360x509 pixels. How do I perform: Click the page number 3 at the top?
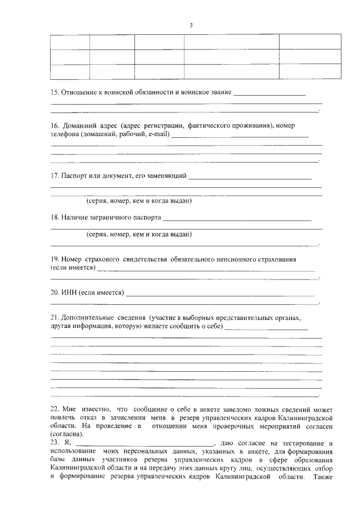coord(191,26)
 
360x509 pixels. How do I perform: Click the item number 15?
coord(55,92)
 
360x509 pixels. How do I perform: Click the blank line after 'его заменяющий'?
coord(250,177)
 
